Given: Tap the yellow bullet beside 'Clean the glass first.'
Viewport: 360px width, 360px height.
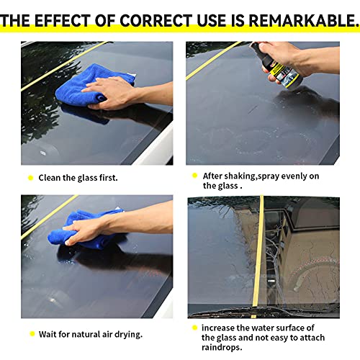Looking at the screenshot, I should (x=30, y=177).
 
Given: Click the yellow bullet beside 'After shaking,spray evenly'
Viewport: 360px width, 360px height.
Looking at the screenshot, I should (x=194, y=176).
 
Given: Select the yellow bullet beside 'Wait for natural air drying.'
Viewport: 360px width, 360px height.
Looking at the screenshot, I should (x=30, y=333).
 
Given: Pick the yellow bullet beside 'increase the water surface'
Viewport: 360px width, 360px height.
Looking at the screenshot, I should (x=194, y=327).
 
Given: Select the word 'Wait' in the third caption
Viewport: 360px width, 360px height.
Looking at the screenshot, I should (x=48, y=333).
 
